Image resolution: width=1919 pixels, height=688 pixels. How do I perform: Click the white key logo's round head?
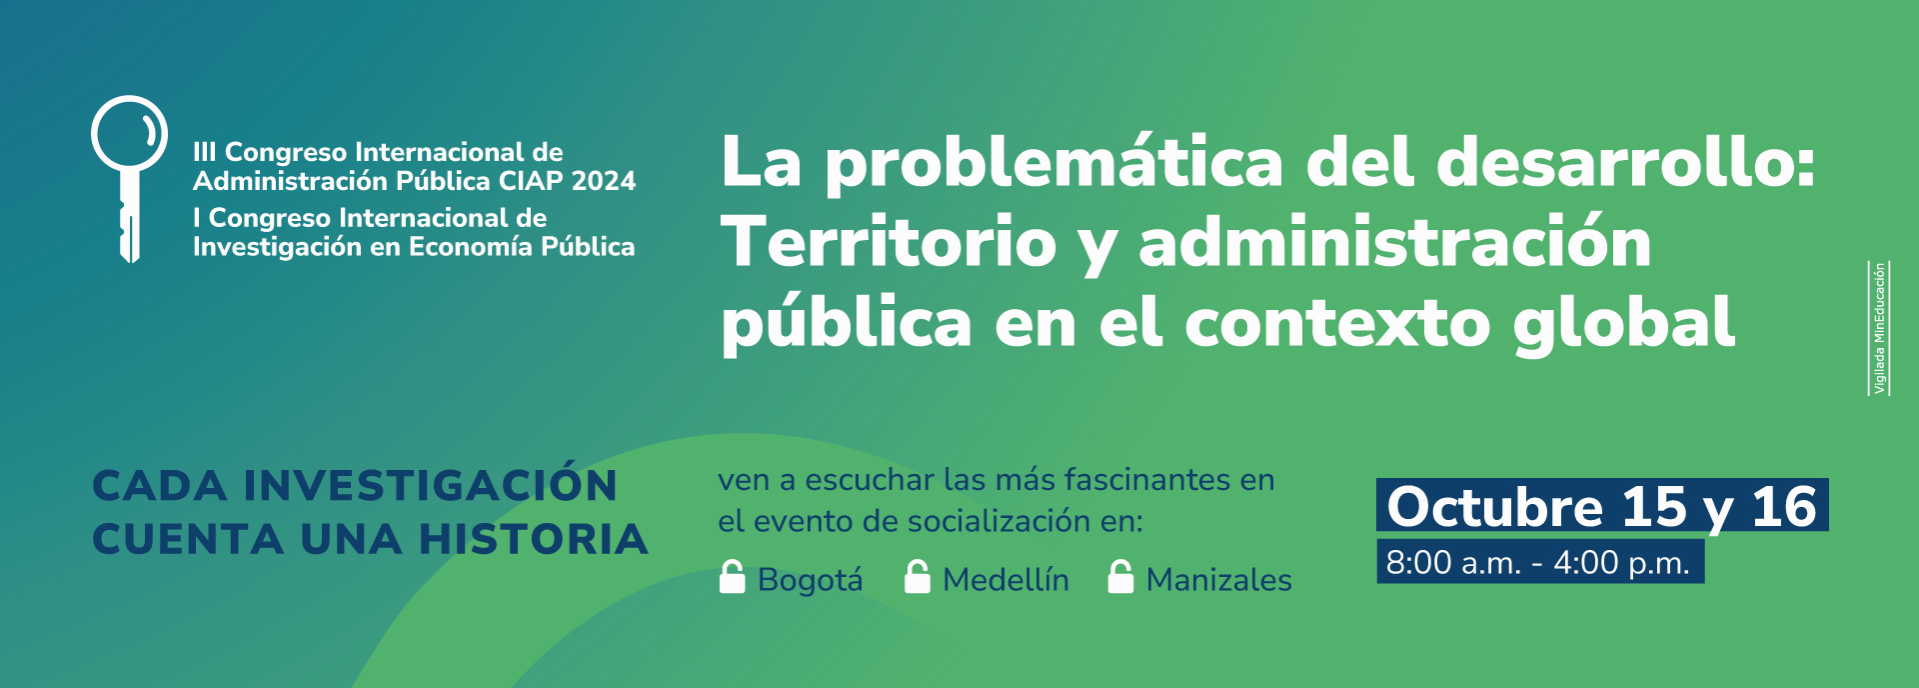pos(130,133)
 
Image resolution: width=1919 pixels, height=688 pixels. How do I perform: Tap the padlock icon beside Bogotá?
pos(733,577)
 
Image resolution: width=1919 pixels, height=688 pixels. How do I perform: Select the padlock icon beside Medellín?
pos(918,577)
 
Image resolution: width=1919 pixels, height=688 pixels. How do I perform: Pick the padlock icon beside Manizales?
pos(1121,577)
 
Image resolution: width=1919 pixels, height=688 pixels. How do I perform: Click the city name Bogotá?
pos(810,580)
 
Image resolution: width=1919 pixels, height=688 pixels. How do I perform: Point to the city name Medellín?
pos(1005,580)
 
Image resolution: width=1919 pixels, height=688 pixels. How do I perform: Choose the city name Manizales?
pos(1219,580)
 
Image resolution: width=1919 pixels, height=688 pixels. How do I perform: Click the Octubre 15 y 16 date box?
pos(1602,505)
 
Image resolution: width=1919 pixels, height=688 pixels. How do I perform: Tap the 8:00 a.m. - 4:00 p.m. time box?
pos(1540,562)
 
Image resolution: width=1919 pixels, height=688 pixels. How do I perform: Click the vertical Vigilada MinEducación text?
pos(1879,328)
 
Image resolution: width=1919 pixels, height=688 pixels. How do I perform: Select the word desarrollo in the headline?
pos(1625,162)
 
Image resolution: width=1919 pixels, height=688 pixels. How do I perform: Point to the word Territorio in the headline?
pos(889,242)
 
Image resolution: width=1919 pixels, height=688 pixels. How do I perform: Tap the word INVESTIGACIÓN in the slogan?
pos(431,485)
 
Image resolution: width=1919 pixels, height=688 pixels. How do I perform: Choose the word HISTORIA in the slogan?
pos(534,539)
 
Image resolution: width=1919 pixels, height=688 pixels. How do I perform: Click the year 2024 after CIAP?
pos(604,181)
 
